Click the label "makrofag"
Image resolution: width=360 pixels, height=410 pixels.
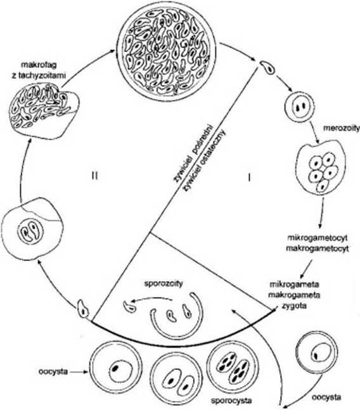tap(39, 65)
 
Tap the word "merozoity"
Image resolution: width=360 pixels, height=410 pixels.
tap(342, 129)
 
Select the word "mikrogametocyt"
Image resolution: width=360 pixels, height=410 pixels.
tap(318, 238)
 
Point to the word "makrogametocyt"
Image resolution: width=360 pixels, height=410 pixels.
tap(318, 248)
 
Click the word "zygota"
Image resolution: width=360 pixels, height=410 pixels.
tap(294, 305)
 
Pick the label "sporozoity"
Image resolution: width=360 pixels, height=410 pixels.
tap(164, 284)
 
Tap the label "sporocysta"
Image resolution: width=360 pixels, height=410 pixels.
tap(231, 400)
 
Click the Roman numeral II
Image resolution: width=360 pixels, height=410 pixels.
tap(94, 176)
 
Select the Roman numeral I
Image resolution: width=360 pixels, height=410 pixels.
tap(249, 178)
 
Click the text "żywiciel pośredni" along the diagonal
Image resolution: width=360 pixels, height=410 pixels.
tap(194, 154)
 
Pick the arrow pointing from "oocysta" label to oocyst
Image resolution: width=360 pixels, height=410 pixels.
tap(79, 371)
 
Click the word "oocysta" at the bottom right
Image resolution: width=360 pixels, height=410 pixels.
tap(326, 398)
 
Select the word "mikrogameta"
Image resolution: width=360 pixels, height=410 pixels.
tap(294, 285)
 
